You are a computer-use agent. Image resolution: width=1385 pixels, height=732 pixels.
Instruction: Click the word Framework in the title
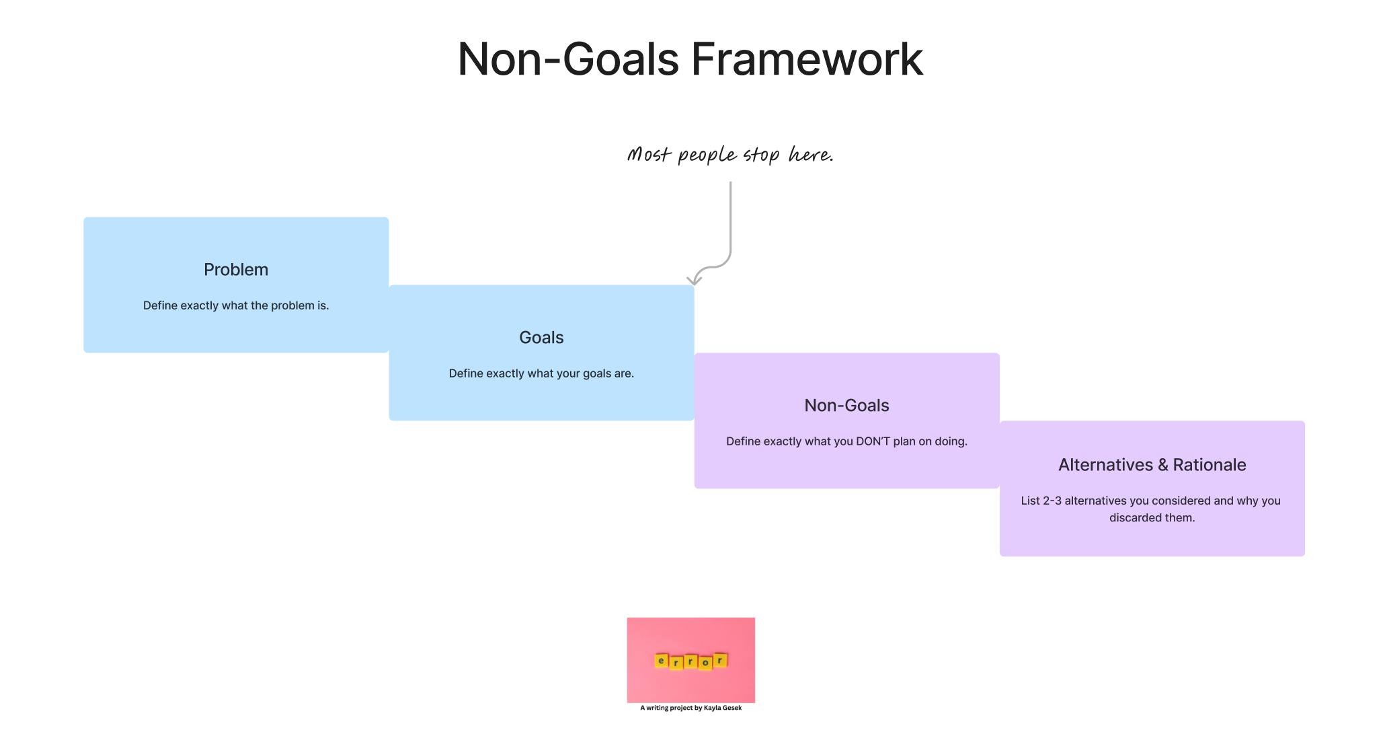(x=807, y=59)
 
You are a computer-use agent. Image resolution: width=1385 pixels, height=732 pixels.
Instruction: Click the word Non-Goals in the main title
(x=568, y=59)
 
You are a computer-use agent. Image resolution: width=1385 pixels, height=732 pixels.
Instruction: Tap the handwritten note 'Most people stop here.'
(x=730, y=155)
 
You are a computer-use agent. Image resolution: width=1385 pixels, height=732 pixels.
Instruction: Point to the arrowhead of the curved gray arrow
(x=693, y=281)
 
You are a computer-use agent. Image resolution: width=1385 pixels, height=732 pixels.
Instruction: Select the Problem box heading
(x=236, y=270)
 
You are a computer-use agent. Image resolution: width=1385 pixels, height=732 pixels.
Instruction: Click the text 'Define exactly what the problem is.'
(x=236, y=305)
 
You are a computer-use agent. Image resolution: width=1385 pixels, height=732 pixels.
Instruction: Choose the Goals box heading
(x=541, y=338)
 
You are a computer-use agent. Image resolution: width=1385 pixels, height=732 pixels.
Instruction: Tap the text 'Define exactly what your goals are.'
(x=541, y=373)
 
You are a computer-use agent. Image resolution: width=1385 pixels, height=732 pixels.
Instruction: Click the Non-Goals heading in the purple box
(x=846, y=406)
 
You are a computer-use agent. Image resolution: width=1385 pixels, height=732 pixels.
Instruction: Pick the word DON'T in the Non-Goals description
(x=873, y=441)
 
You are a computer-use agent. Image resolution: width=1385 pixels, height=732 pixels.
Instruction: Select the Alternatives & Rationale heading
(x=1152, y=465)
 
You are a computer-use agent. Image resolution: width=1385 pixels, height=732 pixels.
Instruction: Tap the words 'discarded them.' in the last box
(x=1152, y=518)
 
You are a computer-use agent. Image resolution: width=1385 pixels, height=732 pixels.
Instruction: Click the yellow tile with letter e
(x=661, y=661)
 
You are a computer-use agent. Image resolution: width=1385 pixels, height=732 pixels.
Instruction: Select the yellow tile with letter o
(x=705, y=663)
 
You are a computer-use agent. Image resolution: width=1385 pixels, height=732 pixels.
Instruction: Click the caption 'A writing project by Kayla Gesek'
(x=690, y=708)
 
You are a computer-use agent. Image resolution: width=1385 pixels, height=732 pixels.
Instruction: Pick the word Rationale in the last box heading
(x=1210, y=465)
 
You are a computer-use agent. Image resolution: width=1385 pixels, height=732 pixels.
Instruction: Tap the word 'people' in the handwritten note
(x=707, y=156)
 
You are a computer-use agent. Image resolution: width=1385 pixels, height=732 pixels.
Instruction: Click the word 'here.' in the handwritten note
(x=811, y=155)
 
